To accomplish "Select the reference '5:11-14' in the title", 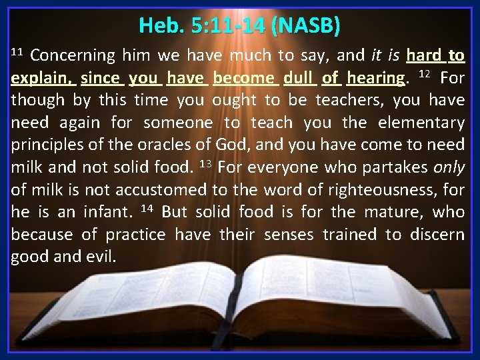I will click(228, 26).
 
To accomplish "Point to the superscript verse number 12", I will click(424, 74).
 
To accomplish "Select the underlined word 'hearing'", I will click(375, 78).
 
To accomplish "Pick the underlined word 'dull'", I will click(299, 78).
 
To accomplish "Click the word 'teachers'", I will click(349, 101).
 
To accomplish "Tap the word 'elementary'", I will click(425, 123).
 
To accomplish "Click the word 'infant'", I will click(109, 213).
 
